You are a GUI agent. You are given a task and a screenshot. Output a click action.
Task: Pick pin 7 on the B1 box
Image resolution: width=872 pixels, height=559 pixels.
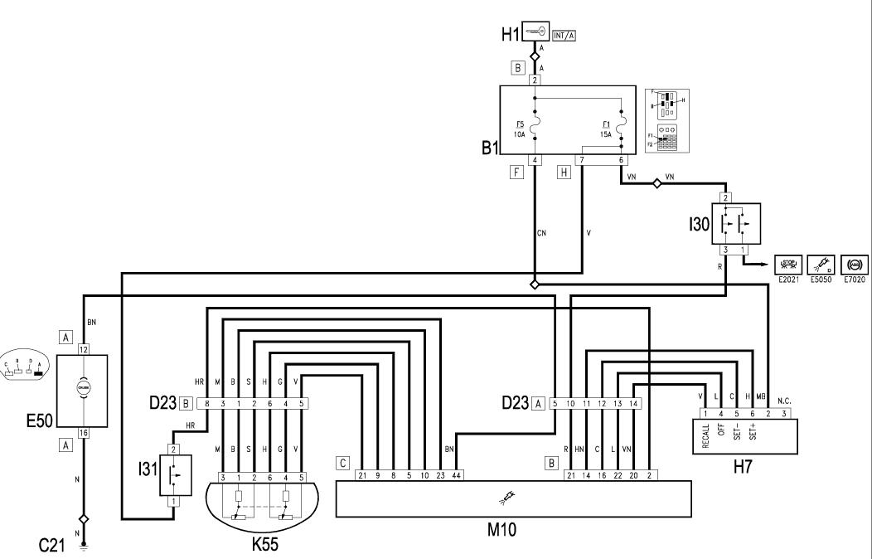[583, 160]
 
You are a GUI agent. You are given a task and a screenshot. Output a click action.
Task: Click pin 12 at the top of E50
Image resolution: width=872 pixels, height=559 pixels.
[83, 351]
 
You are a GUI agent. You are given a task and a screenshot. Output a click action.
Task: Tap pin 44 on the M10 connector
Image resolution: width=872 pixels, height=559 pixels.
[456, 475]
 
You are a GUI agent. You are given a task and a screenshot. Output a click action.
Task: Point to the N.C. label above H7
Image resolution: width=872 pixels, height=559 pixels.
[784, 397]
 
